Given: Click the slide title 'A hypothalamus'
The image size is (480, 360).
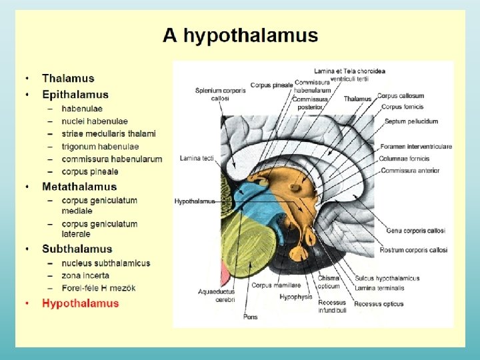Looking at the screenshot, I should point(240,35).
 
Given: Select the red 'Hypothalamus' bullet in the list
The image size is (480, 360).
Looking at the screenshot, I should point(80,303).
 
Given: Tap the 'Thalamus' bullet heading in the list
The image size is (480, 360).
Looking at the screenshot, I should point(68,79).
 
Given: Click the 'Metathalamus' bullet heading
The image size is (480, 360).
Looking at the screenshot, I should point(79,187).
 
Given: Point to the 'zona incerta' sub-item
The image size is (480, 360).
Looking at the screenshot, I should point(85,275).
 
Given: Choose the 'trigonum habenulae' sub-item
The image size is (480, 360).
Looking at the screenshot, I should point(100,147).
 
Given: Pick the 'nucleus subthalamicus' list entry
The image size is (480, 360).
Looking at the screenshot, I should point(106,263).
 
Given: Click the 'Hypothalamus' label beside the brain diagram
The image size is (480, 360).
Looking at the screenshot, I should point(195,201).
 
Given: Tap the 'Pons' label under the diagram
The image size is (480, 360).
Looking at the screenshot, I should point(251,317).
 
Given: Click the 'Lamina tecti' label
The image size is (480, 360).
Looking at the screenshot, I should point(197,158).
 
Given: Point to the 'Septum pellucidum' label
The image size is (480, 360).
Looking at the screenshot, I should point(411,121).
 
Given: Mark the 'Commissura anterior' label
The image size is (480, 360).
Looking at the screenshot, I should point(410,171).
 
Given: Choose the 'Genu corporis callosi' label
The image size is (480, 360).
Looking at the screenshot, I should point(415,231).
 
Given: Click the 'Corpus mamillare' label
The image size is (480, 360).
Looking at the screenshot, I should point(270,285).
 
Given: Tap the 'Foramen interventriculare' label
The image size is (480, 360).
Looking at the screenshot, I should point(416,147).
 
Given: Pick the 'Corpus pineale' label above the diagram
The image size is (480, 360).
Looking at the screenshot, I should point(271,85).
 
